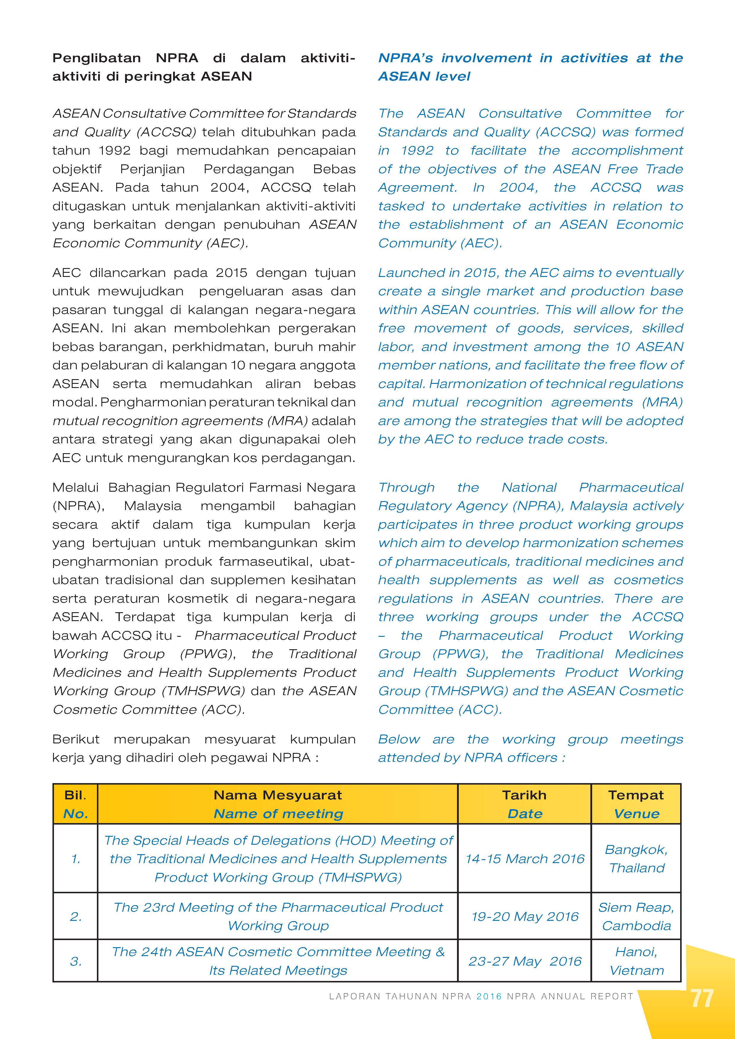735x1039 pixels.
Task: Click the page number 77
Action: tap(702, 998)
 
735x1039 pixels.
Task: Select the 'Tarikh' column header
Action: tap(524, 795)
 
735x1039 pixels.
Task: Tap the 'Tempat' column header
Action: tap(636, 795)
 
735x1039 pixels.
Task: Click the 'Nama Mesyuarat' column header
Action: tap(278, 795)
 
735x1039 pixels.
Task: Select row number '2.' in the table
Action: tap(76, 916)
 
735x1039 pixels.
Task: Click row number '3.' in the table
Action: tap(76, 961)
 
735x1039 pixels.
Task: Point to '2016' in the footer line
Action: tap(489, 996)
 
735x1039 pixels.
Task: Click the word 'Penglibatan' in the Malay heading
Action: tap(96, 58)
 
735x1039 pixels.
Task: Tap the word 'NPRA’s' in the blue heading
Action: tap(405, 58)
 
